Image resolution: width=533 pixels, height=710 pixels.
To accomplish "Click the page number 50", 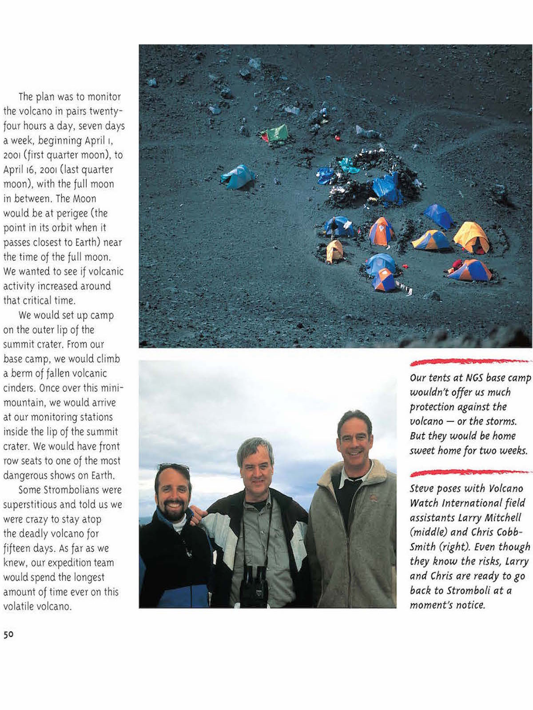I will (x=8, y=635).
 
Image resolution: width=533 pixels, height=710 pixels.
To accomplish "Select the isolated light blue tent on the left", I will (x=239, y=176).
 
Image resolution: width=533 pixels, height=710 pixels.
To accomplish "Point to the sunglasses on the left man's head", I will (x=173, y=468).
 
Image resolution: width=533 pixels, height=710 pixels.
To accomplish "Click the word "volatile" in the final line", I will (x=18, y=607).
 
